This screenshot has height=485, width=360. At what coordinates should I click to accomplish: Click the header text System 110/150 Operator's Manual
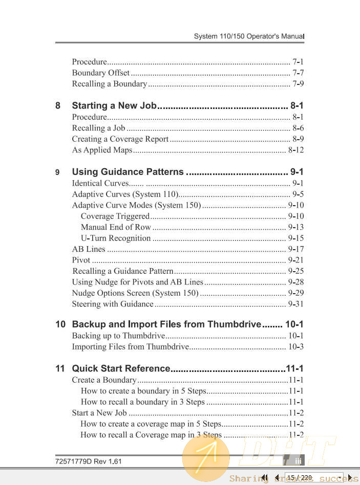pyautogui.click(x=249, y=37)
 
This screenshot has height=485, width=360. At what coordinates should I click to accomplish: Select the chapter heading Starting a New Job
pyautogui.click(x=114, y=106)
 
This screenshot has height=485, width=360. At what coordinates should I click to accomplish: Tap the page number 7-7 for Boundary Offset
pyautogui.click(x=298, y=73)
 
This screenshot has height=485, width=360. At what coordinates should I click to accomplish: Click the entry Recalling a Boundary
pyautogui.click(x=109, y=84)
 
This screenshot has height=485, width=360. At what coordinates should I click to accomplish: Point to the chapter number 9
pyautogui.click(x=58, y=172)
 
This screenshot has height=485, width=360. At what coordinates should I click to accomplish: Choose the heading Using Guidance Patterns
pyautogui.click(x=128, y=172)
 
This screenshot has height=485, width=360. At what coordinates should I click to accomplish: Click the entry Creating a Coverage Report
pyautogui.click(x=120, y=139)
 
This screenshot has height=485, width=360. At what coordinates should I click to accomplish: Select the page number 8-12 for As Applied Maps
pyautogui.click(x=296, y=150)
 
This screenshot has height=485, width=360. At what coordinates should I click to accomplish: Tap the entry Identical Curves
pyautogui.click(x=100, y=183)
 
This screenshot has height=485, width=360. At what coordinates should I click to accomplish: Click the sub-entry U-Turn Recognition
pyautogui.click(x=116, y=238)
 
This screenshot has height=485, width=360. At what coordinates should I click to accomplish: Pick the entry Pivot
pyautogui.click(x=81, y=260)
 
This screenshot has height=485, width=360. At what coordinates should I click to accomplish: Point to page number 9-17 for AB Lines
pyautogui.click(x=296, y=250)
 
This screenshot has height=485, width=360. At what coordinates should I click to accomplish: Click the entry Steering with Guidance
pyautogui.click(x=112, y=304)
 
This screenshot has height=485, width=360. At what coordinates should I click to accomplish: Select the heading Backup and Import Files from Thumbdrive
pyautogui.click(x=166, y=324)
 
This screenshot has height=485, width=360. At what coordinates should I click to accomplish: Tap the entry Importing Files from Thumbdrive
pyautogui.click(x=130, y=347)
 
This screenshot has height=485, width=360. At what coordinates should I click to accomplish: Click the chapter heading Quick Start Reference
pyautogui.click(x=121, y=368)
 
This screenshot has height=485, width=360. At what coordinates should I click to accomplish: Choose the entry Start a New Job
pyautogui.click(x=99, y=413)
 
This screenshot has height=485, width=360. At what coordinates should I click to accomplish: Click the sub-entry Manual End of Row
pyautogui.click(x=116, y=227)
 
